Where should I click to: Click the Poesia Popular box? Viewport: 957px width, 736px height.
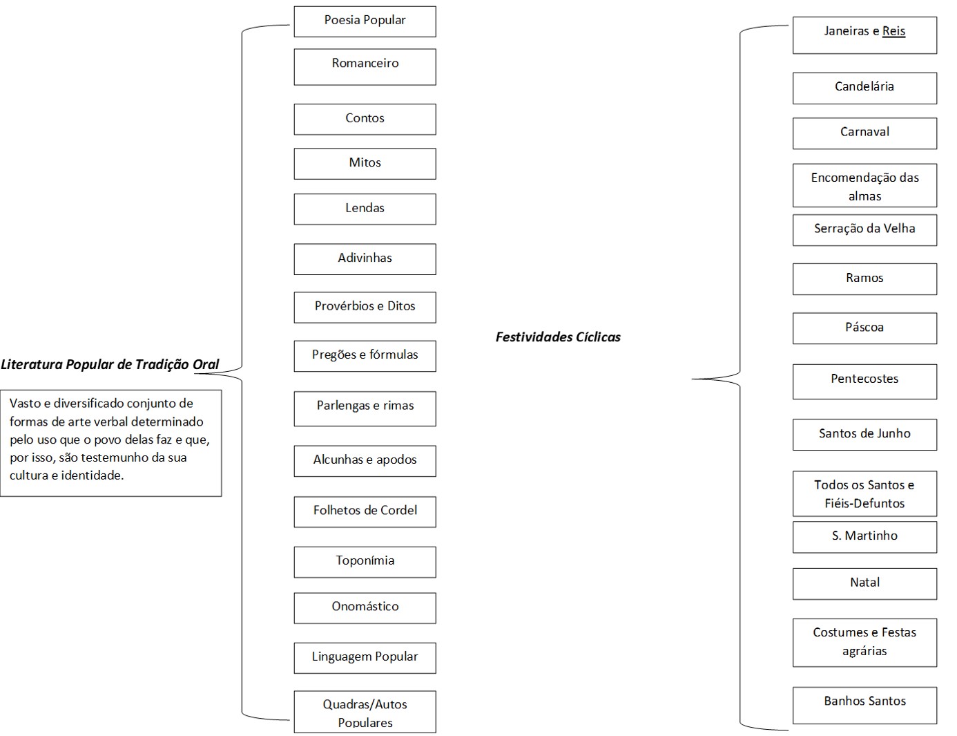[x=365, y=21]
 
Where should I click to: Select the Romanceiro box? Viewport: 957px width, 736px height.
[x=365, y=66]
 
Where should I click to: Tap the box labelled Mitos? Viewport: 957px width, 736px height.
[x=365, y=164]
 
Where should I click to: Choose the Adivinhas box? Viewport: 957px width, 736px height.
[x=365, y=258]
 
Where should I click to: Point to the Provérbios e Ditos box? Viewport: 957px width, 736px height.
[x=365, y=307]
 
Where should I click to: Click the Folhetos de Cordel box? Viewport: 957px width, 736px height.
[x=365, y=511]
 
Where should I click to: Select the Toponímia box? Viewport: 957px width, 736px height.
[x=365, y=561]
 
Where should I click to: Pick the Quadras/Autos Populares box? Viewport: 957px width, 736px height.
[x=365, y=712]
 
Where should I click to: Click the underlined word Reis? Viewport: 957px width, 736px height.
[x=893, y=31]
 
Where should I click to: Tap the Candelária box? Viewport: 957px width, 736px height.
[x=864, y=88]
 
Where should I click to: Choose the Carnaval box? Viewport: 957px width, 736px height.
[x=864, y=133]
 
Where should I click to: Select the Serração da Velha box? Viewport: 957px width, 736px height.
[x=864, y=229]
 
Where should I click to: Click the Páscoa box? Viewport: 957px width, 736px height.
[x=864, y=328]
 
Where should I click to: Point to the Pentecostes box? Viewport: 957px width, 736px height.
[x=864, y=381]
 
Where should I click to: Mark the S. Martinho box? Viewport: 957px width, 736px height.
[x=864, y=536]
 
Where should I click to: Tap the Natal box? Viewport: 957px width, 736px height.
[x=864, y=583]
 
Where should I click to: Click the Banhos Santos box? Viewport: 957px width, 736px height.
[x=864, y=704]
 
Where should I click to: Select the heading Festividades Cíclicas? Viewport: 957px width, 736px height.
[x=558, y=337]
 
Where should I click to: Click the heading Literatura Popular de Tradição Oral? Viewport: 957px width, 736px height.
[x=110, y=364]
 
